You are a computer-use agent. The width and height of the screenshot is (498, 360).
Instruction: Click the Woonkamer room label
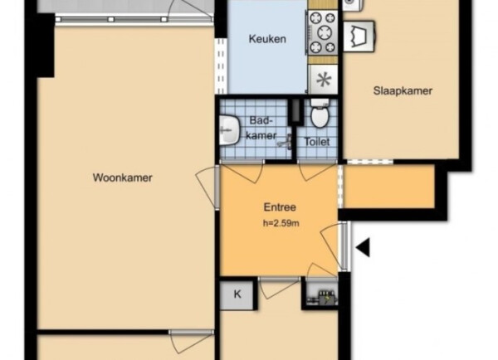pos(123,178)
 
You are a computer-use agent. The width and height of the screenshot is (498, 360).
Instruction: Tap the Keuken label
pos(267,39)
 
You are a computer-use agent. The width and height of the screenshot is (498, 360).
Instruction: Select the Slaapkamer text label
pos(403,90)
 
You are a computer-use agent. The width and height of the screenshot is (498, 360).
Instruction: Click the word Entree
pos(280,207)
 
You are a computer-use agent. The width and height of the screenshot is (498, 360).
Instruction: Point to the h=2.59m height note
pos(281,223)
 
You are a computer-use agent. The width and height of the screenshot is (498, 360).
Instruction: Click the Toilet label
pos(317,142)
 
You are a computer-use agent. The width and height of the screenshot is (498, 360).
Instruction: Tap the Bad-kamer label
pos(261,128)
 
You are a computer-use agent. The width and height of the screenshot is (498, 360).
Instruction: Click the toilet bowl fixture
pos(320,113)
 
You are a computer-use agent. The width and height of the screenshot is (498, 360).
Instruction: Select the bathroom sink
pos(229,129)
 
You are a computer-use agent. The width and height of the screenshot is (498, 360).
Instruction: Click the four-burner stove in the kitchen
pos(322,32)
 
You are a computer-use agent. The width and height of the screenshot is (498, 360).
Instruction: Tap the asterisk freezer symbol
pos(324,80)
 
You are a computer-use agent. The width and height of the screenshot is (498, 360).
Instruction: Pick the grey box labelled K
pos(237,295)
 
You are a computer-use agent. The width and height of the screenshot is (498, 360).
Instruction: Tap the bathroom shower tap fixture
pos(286,142)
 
